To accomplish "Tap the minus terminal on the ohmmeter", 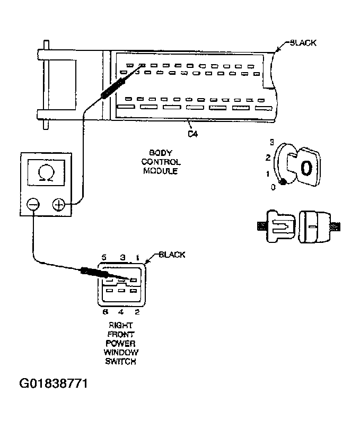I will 33,205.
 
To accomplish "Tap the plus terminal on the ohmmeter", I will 59,205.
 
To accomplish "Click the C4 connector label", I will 193,134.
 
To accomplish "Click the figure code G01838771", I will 53,383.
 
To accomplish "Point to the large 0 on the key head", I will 306,167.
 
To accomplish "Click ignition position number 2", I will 268,158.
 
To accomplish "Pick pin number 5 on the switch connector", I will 104,257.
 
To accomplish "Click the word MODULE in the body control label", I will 161,171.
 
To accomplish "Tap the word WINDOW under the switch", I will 121,353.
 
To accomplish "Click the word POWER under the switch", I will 121,344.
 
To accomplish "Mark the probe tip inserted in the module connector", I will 139,67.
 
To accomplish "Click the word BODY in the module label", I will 161,152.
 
